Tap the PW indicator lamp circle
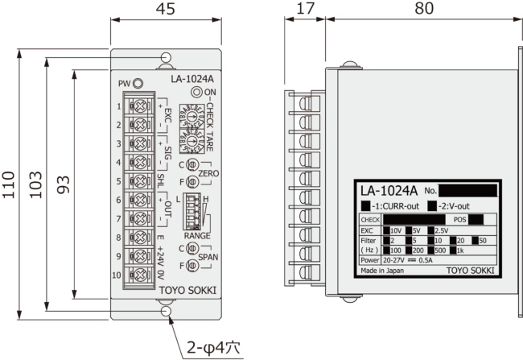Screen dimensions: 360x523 coord(138,83)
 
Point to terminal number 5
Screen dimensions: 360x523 coord(119,181)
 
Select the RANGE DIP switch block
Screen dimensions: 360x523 coord(194,211)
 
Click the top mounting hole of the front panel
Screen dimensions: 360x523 coord(166,58)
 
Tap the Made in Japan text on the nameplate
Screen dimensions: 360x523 coord(382,271)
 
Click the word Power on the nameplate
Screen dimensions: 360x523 coord(371,261)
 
